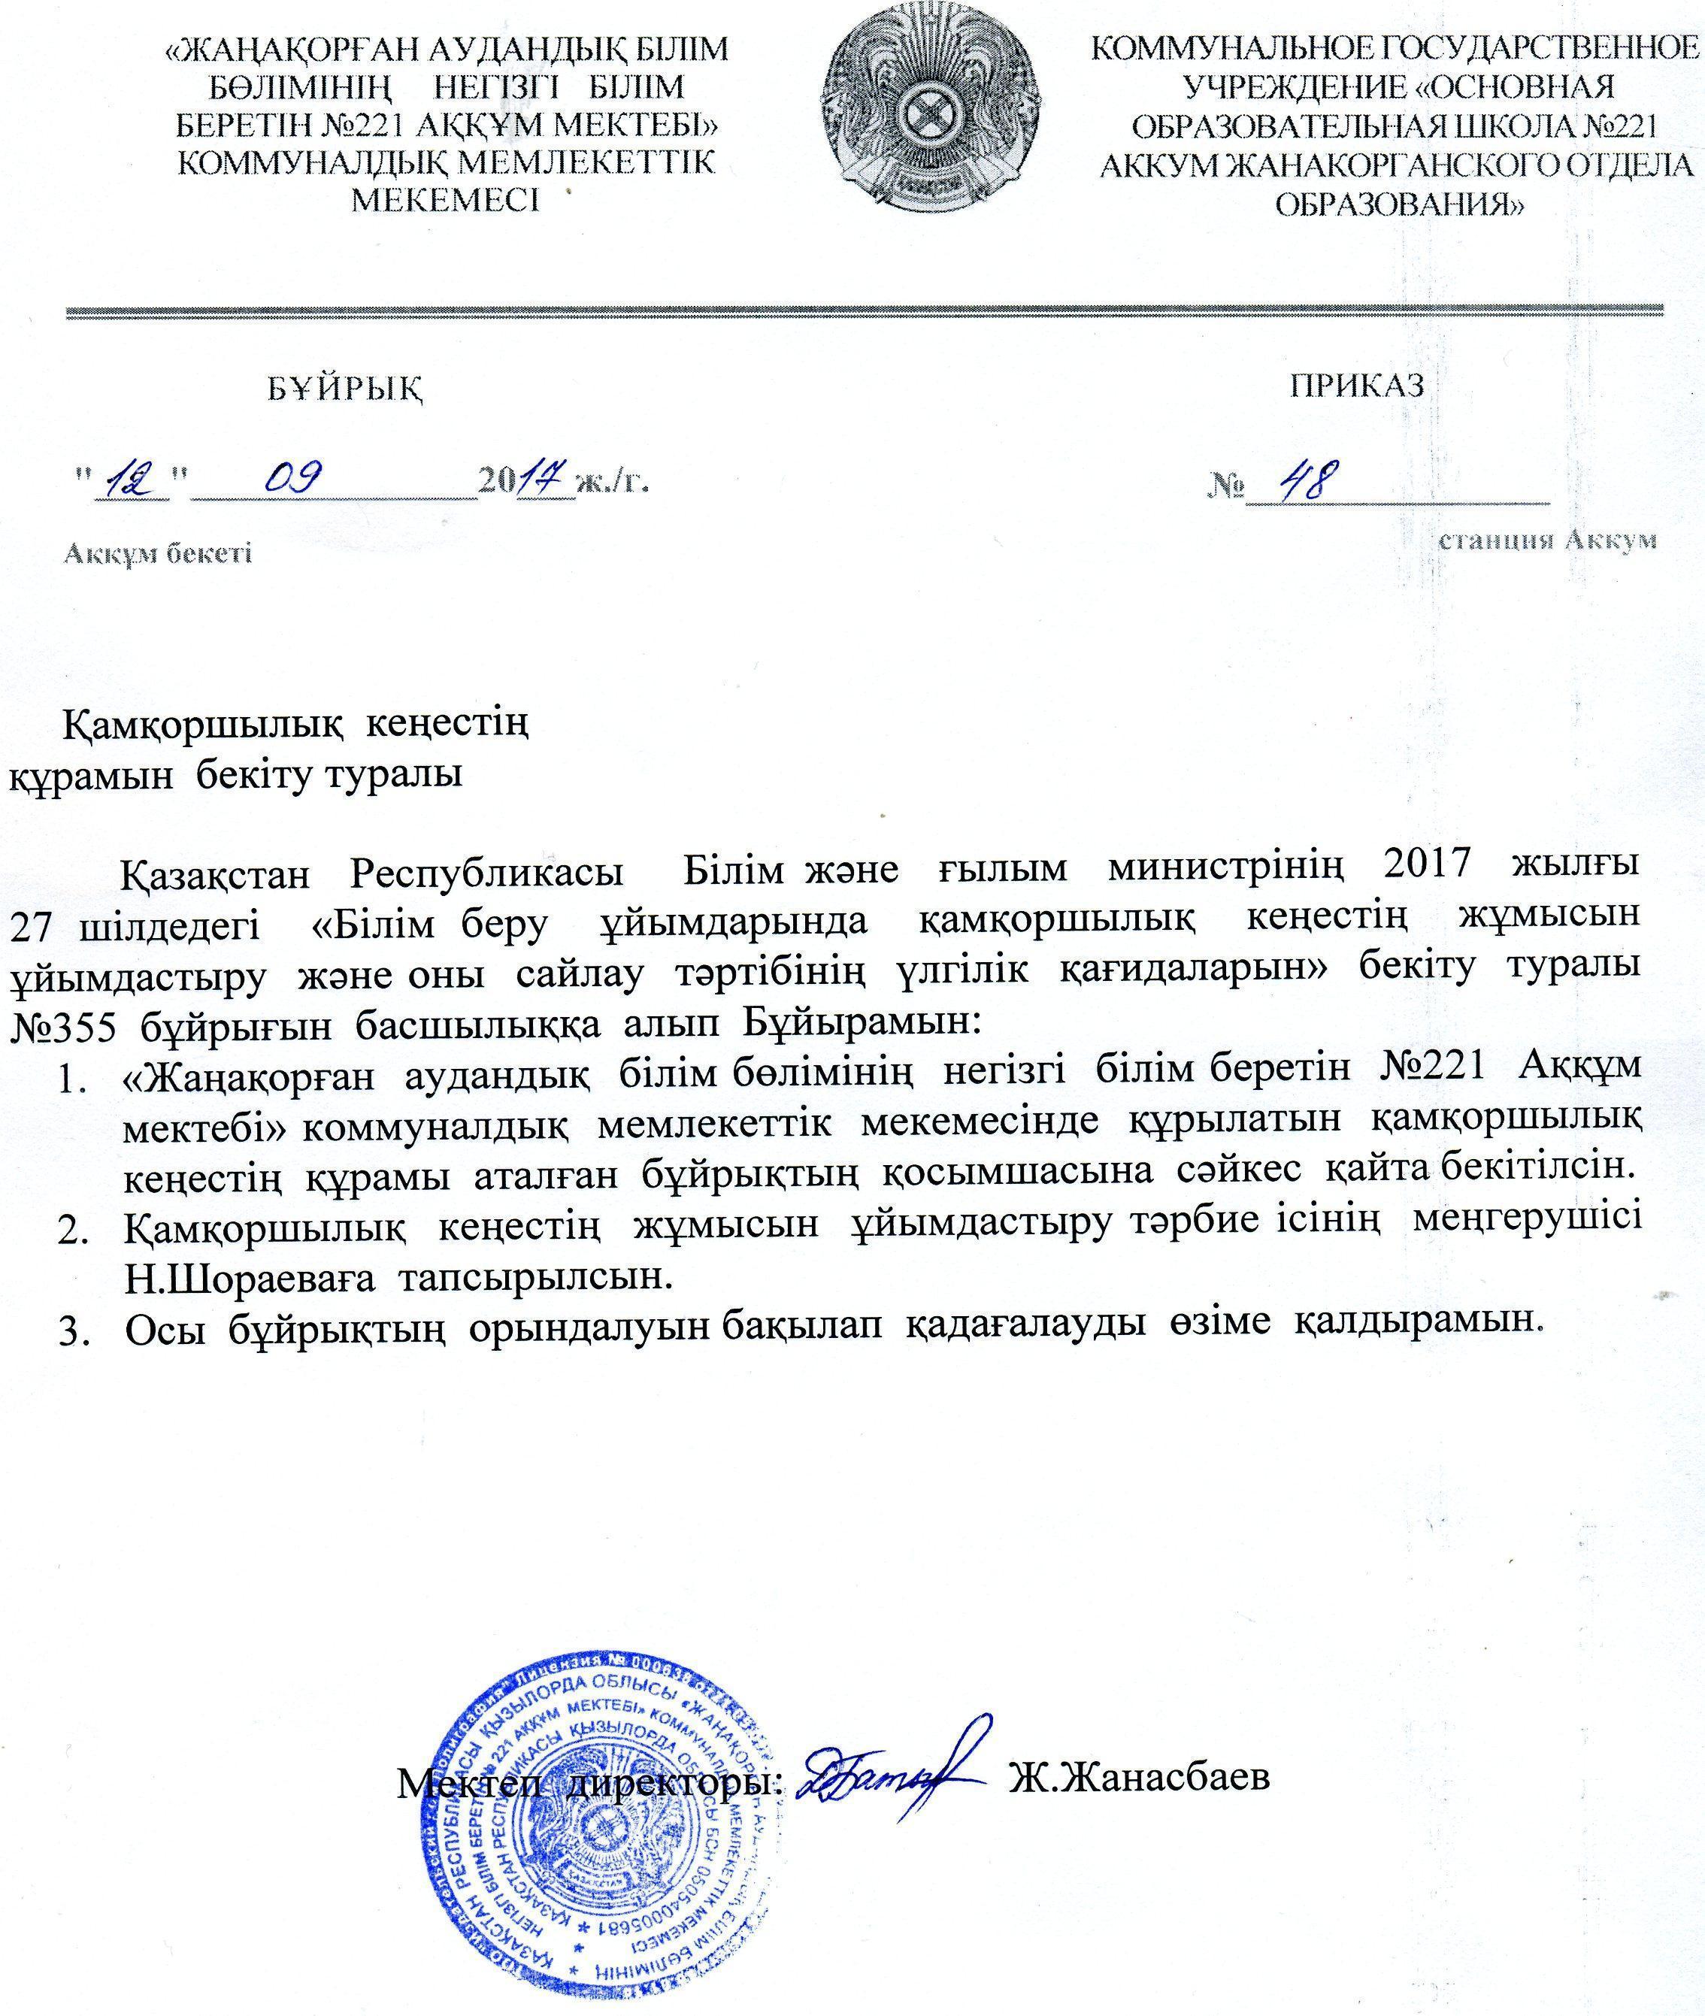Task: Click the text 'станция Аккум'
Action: click(1547, 540)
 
